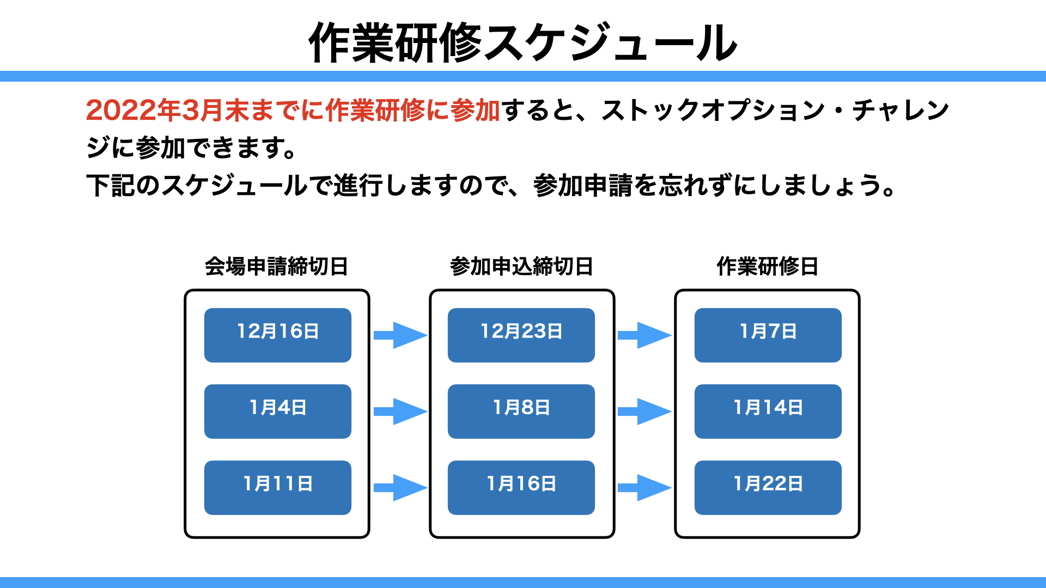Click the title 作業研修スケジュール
523,42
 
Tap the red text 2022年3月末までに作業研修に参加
293,110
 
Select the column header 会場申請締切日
277,266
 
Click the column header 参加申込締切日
522,266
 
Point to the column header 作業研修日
768,266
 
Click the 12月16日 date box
278,335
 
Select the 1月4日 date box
278,412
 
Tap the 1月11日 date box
278,488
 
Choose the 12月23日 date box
521,335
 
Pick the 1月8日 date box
521,412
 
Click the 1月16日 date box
521,488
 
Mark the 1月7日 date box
768,335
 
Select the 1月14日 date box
768,412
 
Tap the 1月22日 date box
768,488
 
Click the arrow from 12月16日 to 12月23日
400,335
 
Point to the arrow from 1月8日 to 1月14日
644,412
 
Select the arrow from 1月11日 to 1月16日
400,488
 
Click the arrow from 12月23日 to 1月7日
644,335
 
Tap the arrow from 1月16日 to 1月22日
644,488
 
